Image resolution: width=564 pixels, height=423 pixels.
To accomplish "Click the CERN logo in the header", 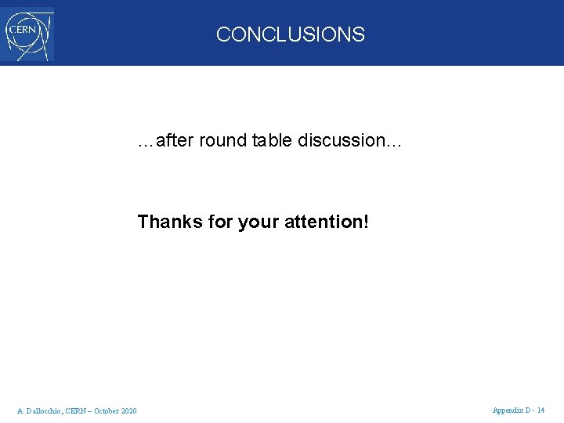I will coord(27,34).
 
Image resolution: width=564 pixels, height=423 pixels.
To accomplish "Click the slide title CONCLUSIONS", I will coord(290,34).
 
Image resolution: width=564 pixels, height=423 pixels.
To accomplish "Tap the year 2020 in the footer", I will coord(130,411).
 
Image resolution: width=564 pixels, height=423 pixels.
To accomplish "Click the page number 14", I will coord(541,410).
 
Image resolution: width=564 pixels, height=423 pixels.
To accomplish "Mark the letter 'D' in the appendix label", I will coord(527,410).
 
